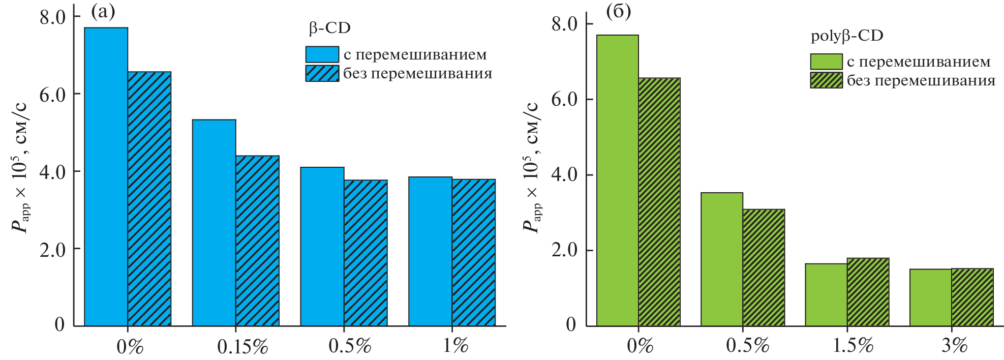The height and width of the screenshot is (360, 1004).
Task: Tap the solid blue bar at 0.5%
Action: [x=322, y=246]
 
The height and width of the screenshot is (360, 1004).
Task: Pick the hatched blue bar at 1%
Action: [x=473, y=252]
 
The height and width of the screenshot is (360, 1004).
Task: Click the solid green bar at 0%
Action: [x=617, y=181]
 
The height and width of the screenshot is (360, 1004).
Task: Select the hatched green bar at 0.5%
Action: [x=764, y=267]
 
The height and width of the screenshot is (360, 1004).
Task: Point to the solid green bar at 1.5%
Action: [x=826, y=295]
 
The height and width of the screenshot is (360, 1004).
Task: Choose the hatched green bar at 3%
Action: [x=972, y=297]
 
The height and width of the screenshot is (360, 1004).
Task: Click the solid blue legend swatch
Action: [x=322, y=54]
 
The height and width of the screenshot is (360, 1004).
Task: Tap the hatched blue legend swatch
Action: [x=322, y=73]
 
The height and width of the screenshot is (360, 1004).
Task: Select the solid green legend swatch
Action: [x=826, y=62]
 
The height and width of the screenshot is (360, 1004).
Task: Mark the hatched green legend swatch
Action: [x=826, y=80]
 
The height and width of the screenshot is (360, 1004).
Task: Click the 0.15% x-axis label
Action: [x=242, y=347]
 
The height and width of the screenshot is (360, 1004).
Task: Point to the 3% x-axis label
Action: [x=954, y=346]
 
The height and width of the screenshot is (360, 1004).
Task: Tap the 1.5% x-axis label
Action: [x=853, y=346]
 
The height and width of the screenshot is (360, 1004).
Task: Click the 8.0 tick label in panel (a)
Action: [x=53, y=17]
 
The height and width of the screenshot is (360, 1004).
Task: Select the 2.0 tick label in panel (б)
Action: [x=564, y=250]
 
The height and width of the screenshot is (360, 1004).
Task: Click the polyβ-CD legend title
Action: [x=847, y=36]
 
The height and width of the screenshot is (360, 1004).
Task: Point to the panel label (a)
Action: [x=103, y=11]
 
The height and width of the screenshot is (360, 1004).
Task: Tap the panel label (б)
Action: [x=619, y=11]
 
